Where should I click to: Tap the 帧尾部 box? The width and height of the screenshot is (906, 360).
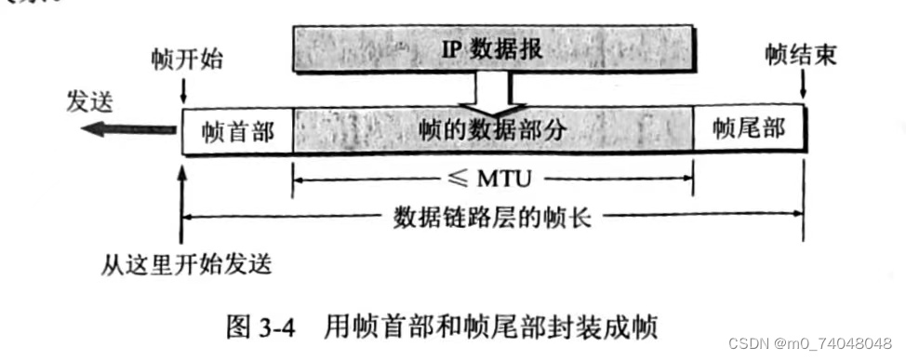point(750,129)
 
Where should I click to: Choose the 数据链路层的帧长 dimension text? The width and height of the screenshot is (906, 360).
point(493,219)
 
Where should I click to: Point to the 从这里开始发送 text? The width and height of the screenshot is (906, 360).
point(186,265)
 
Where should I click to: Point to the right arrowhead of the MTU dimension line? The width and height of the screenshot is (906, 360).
point(689,175)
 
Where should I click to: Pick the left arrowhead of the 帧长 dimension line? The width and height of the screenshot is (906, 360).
point(187,219)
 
